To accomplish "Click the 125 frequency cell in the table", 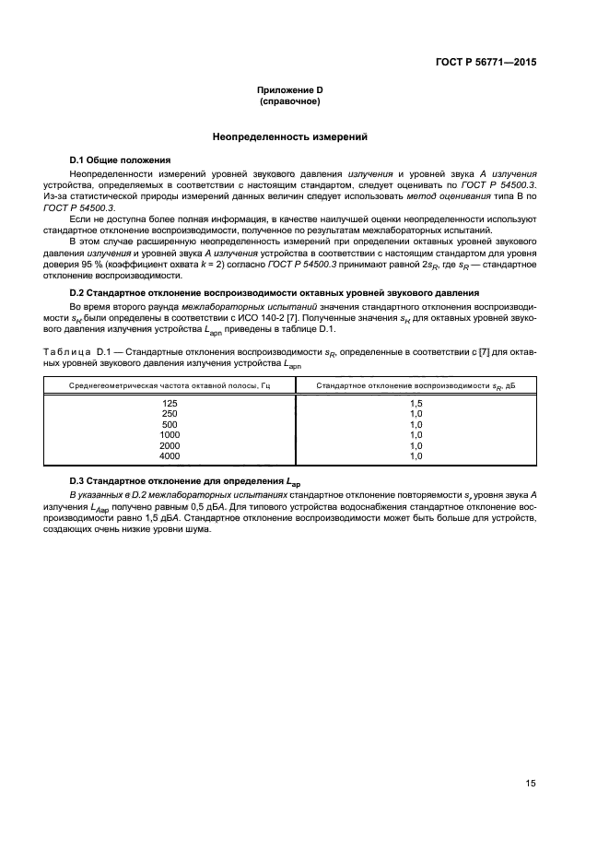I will click(x=169, y=403).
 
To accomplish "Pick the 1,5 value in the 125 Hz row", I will click(x=416, y=403).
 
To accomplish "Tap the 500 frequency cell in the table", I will click(x=169, y=424).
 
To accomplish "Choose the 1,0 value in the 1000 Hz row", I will click(x=416, y=434).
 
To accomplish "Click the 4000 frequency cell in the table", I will click(x=169, y=455).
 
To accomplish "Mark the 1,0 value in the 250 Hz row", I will click(x=416, y=414).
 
